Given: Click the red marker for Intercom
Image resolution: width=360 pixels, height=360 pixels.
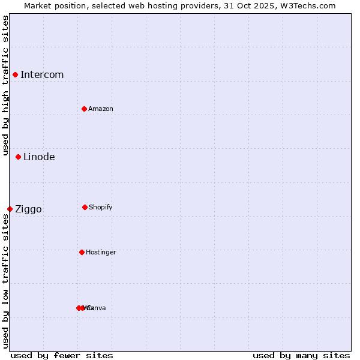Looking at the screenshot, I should (16, 74).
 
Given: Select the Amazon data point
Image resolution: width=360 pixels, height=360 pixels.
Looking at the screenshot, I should (84, 109).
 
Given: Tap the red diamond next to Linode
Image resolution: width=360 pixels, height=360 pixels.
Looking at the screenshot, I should (19, 157).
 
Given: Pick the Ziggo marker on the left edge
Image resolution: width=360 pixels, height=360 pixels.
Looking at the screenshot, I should (10, 209).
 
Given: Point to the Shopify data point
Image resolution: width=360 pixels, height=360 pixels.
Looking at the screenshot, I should (85, 207).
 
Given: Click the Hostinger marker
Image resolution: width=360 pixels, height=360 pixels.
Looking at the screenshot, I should (82, 252).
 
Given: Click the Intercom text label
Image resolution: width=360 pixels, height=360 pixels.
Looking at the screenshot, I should (42, 74).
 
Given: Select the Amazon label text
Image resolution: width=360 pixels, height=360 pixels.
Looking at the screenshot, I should (101, 109).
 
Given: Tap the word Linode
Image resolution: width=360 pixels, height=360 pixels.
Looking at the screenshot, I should (39, 157).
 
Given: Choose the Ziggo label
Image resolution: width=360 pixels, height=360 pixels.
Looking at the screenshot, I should (28, 209).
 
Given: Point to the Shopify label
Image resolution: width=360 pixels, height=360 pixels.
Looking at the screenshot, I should (101, 207).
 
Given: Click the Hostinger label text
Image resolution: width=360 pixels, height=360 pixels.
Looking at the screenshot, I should (101, 252).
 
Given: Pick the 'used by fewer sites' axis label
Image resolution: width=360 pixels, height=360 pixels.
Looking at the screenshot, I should (62, 355).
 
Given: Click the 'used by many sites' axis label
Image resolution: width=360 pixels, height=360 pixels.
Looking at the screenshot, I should (301, 355).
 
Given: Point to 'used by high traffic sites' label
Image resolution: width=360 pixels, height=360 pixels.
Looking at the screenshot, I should (5, 85).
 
